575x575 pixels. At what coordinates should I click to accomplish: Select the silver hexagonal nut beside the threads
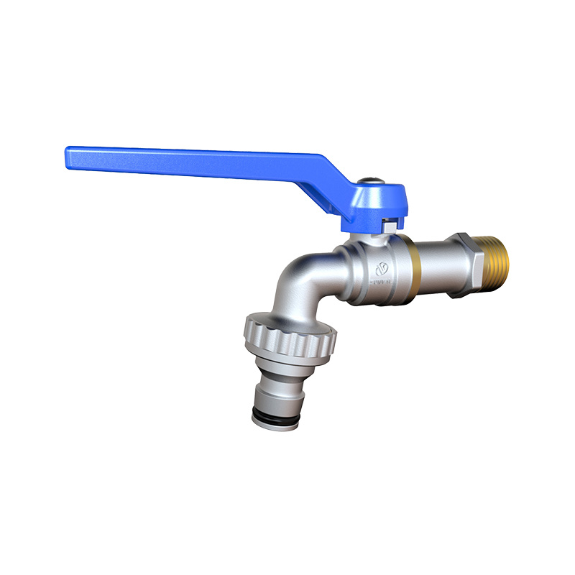pyautogui.click(x=471, y=255)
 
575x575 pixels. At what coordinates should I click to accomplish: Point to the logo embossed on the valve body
pyautogui.click(x=382, y=269)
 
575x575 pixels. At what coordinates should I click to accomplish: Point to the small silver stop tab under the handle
pyautogui.click(x=389, y=226)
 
